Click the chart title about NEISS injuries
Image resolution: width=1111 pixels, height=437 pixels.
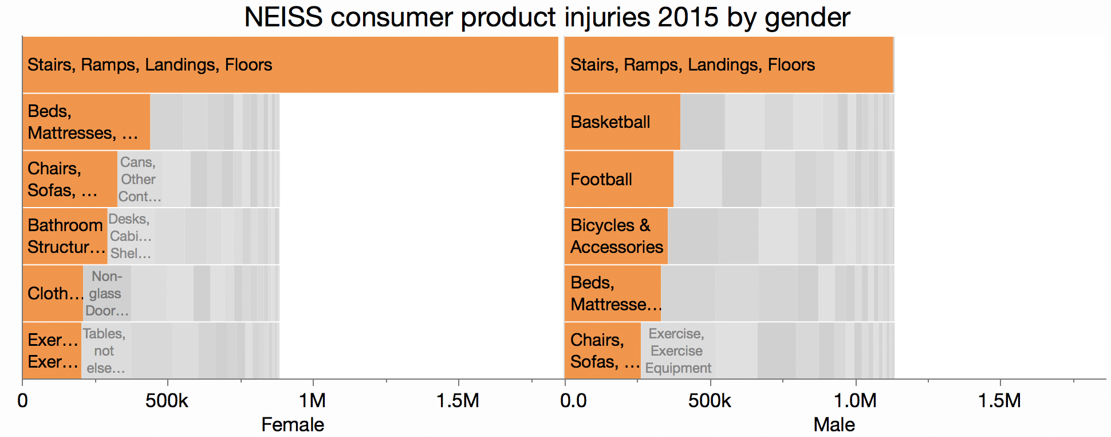point(547,17)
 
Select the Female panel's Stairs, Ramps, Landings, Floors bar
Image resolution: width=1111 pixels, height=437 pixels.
point(290,65)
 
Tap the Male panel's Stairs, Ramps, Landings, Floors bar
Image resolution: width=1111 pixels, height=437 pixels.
point(728,65)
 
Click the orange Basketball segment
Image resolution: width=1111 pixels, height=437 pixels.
point(622,122)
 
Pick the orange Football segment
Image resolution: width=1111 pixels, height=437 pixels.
point(618,180)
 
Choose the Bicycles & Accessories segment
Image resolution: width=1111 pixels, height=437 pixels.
point(616,236)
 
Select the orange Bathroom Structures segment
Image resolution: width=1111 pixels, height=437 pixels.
point(65,236)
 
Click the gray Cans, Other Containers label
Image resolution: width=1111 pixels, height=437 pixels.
point(139,180)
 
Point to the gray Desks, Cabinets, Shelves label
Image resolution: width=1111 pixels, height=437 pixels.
point(131,236)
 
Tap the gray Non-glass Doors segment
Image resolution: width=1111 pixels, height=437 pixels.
point(107,294)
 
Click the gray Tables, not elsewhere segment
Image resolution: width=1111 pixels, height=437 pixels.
point(105,351)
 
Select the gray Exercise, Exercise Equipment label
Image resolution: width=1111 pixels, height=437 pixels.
point(677,351)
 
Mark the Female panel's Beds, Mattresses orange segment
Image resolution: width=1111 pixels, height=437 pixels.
point(86,122)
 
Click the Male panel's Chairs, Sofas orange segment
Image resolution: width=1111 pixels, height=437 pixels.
point(602,351)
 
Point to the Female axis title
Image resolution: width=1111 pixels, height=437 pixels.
point(293,425)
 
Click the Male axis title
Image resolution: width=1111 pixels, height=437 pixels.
point(834,425)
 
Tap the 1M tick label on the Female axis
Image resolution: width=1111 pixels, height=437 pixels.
point(313,400)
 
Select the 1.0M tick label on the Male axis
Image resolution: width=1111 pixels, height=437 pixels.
point(856,400)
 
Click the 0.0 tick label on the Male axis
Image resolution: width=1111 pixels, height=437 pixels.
point(573,400)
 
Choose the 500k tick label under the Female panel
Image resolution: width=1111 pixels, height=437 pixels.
point(167,400)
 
